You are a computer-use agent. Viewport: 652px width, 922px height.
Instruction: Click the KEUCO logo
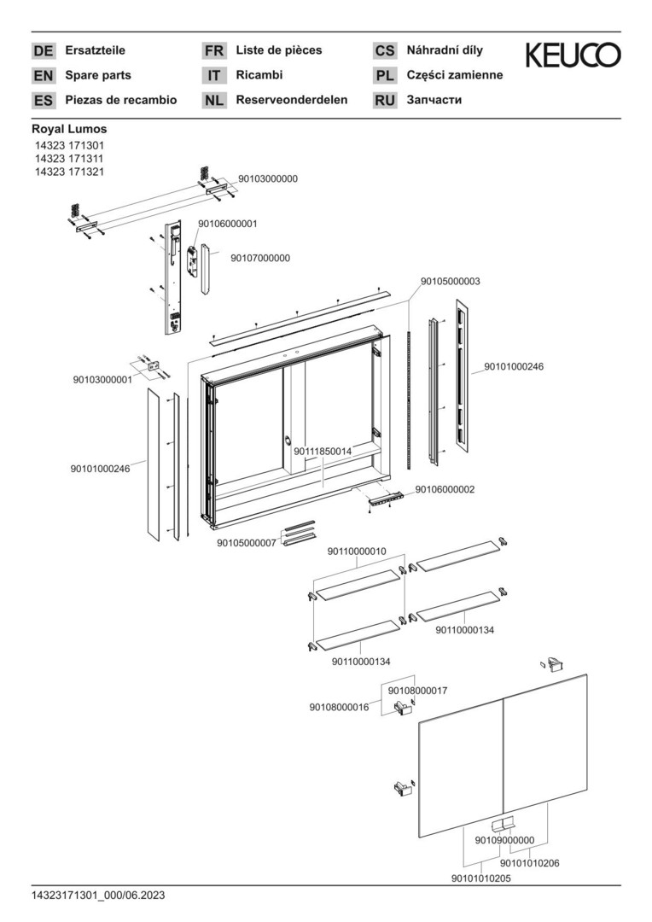[573, 56]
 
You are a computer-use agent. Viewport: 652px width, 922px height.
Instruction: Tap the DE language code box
[43, 51]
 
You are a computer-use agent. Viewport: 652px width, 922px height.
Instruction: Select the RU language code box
[385, 101]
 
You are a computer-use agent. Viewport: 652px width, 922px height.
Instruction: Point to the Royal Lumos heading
[69, 129]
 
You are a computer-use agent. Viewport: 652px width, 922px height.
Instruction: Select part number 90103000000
[268, 179]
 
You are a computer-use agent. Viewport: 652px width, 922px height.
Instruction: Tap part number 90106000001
[227, 224]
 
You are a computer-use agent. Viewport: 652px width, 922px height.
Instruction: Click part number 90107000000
[260, 258]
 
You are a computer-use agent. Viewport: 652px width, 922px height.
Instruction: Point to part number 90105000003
[450, 281]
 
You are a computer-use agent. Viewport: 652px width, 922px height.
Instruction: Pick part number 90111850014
[323, 450]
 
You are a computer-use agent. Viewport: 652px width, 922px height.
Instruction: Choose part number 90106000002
[445, 489]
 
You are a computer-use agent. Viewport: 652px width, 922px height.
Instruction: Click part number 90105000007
[246, 543]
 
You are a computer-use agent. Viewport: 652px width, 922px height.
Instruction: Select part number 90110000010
[357, 551]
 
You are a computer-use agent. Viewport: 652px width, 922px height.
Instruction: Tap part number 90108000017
[418, 690]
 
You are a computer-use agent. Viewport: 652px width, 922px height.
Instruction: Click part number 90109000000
[504, 840]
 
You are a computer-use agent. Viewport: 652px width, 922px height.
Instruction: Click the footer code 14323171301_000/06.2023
[98, 895]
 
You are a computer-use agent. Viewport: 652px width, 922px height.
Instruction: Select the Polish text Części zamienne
[455, 75]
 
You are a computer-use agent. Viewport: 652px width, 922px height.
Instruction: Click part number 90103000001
[102, 380]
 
